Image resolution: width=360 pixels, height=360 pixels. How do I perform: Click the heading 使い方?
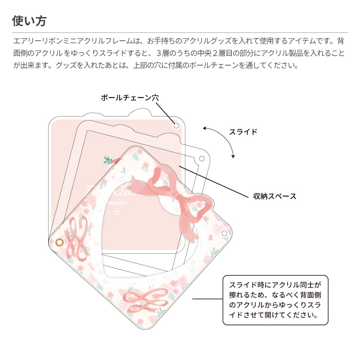click(29, 21)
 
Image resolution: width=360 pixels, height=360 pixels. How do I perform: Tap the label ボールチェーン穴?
click(130, 97)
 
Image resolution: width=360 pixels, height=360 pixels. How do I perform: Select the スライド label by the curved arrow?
click(243, 132)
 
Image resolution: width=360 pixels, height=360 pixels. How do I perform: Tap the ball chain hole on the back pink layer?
click(176, 125)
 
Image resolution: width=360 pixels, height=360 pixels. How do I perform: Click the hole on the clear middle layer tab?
click(202, 158)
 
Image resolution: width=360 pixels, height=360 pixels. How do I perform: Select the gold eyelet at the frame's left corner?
click(59, 243)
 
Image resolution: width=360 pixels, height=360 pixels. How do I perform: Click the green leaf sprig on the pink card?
click(109, 159)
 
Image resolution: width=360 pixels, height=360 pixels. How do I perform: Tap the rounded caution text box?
click(275, 300)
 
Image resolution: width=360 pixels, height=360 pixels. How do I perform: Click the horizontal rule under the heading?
click(180, 32)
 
